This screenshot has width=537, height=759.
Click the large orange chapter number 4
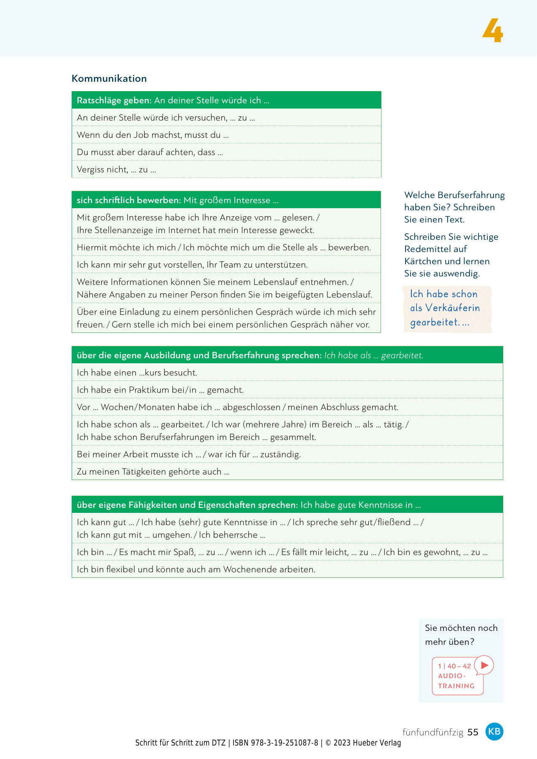[492, 30]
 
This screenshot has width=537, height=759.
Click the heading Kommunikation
[109, 78]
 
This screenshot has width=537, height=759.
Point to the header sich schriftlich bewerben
[129, 200]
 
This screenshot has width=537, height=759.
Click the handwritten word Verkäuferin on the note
[453, 308]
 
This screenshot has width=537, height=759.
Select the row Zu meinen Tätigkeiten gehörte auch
[153, 472]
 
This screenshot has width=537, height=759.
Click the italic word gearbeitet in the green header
[402, 355]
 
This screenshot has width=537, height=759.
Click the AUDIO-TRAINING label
[456, 681]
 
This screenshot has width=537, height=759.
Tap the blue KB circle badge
[494, 731]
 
